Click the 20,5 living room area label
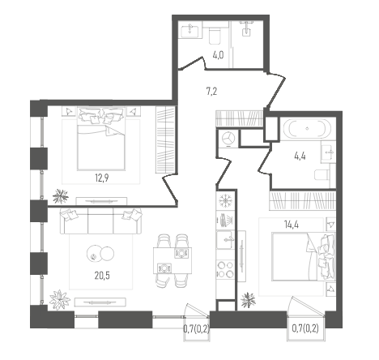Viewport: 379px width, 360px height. point(102,276)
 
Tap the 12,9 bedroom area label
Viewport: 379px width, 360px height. point(101,178)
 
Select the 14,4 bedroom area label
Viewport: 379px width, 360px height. point(291,225)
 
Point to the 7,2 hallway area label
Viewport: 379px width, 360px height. point(211,92)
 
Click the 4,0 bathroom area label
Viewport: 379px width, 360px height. point(218,56)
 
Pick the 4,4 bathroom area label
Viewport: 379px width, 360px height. point(300,156)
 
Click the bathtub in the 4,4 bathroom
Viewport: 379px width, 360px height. point(307,129)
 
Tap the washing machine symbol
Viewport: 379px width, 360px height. point(228,139)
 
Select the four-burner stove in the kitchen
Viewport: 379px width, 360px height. point(226,269)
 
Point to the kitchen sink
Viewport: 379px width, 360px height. point(225,240)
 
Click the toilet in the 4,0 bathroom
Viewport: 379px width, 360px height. point(215,36)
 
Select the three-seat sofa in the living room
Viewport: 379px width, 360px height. point(101,221)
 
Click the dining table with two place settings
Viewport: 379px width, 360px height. point(172,260)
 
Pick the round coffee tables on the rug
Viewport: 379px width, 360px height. point(100,254)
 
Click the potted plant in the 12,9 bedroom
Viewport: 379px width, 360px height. point(61,196)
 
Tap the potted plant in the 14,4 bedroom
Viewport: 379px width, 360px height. point(248,300)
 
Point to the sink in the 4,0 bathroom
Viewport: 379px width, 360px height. point(191,30)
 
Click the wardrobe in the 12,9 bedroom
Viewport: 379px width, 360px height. point(165,139)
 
